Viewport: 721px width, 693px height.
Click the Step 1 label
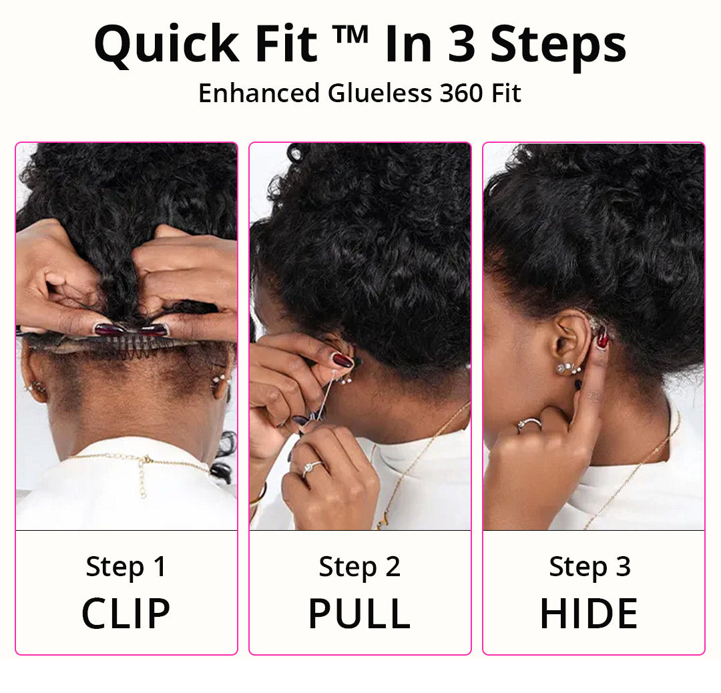click(x=126, y=567)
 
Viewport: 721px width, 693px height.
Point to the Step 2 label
click(x=359, y=567)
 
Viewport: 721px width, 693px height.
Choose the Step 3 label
click(x=589, y=567)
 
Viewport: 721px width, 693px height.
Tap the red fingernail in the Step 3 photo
click(x=602, y=340)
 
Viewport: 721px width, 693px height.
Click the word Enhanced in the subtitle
click(x=258, y=93)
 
